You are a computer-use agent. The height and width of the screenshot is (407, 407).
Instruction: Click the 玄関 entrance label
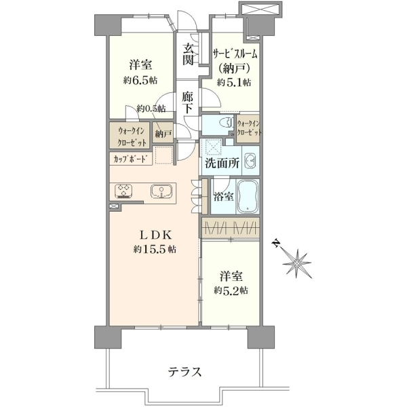tap(188, 54)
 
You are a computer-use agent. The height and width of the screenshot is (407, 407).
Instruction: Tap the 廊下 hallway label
tap(187, 103)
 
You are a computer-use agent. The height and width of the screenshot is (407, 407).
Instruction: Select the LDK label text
tap(155, 235)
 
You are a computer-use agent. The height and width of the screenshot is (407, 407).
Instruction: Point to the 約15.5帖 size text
tap(155, 250)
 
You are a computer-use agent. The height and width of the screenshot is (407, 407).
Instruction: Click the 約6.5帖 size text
tap(140, 80)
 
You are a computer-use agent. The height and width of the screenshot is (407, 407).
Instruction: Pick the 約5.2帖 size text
tap(231, 290)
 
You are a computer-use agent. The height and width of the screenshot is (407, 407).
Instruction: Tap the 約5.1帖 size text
tap(234, 83)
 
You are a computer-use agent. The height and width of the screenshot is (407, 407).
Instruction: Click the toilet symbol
tap(226, 123)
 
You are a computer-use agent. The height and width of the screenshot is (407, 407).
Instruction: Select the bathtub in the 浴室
tap(248, 197)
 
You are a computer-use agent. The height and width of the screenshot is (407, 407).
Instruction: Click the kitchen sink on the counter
tap(161, 191)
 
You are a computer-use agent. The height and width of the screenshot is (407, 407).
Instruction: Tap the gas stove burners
tap(123, 191)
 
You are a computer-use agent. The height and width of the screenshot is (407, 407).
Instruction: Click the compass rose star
tap(297, 264)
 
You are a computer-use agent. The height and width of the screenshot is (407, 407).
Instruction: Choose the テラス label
tap(185, 372)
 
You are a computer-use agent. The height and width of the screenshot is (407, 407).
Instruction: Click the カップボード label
tap(129, 159)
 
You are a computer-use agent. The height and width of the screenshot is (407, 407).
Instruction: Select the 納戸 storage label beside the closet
tap(163, 134)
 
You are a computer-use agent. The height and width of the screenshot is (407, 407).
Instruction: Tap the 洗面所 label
tap(222, 163)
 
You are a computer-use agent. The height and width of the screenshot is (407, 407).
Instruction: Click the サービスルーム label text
tap(235, 54)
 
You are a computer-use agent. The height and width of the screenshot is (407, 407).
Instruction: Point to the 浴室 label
tap(223, 197)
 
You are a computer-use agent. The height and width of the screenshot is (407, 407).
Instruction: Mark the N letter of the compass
tap(276, 244)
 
